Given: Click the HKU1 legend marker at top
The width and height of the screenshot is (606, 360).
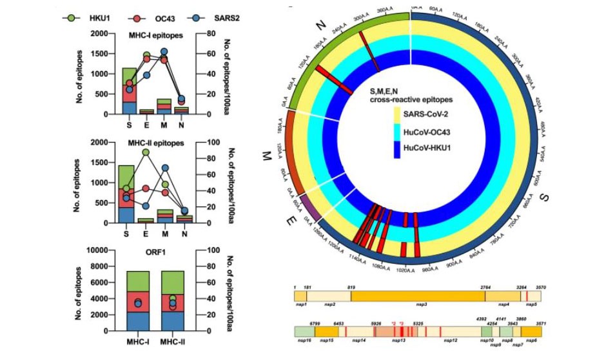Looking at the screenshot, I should pos(72,17).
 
